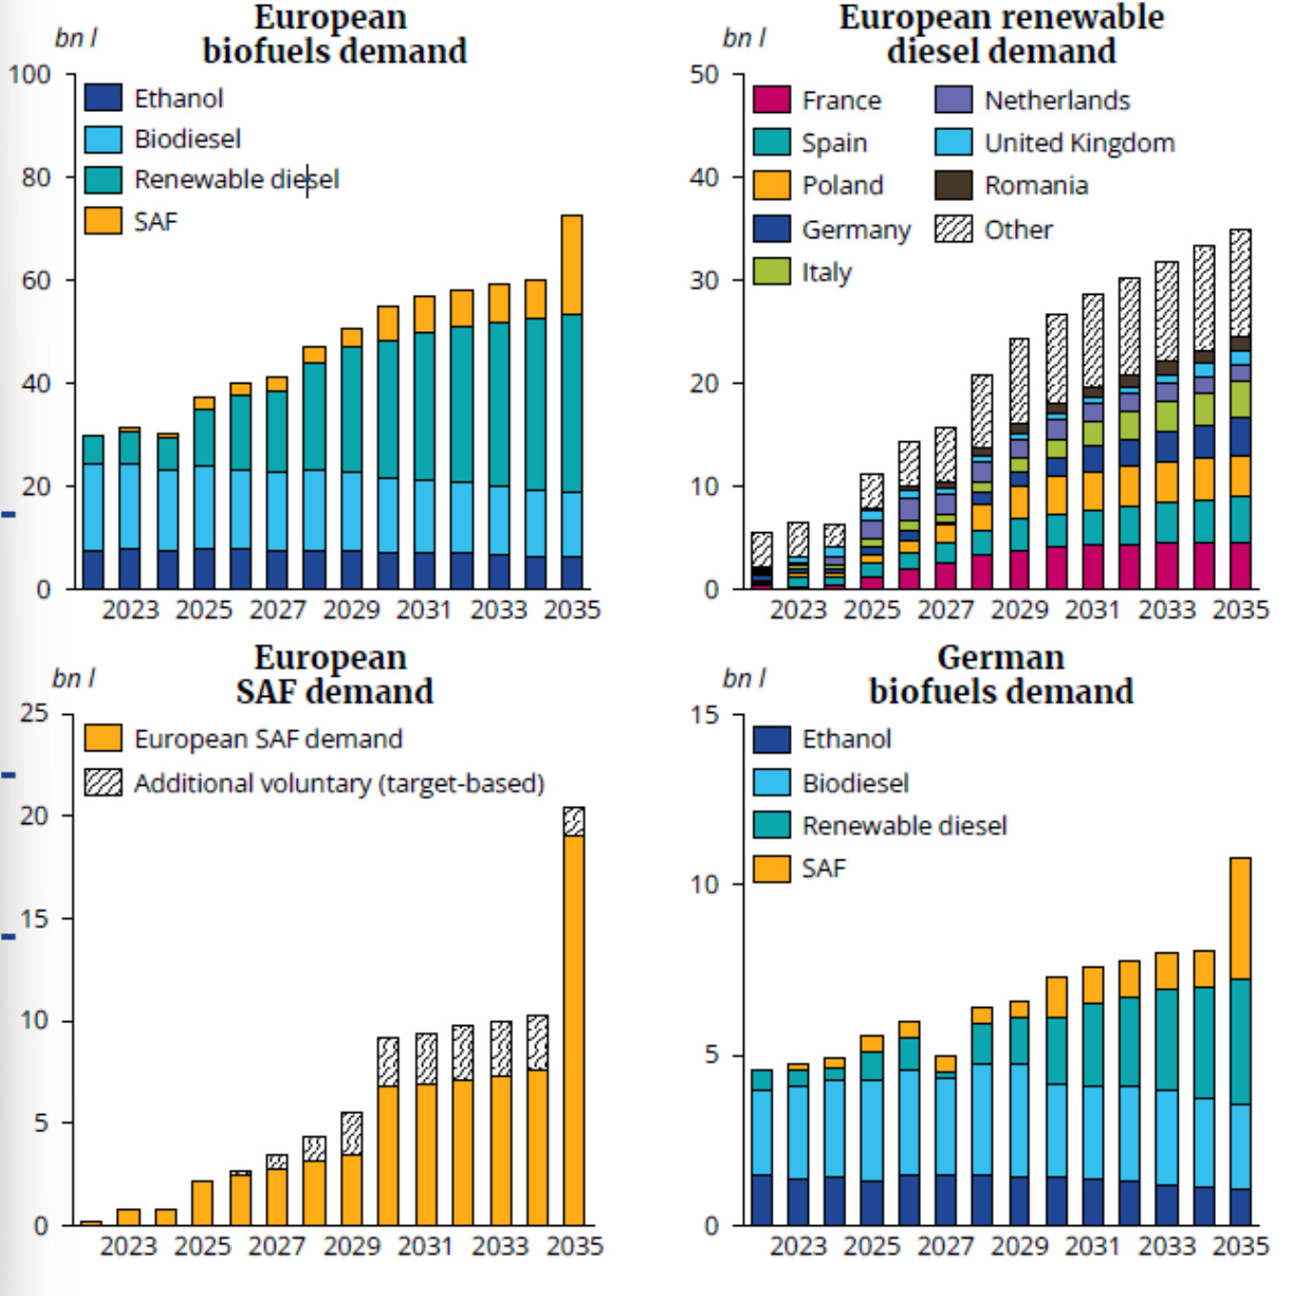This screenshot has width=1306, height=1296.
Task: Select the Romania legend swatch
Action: (x=954, y=186)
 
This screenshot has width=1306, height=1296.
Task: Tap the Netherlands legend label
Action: (x=1057, y=101)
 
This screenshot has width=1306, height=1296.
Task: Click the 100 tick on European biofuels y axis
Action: (x=30, y=75)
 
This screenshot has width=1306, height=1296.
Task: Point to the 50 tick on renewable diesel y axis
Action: (x=704, y=75)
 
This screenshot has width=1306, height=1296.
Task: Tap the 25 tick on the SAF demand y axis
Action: (x=34, y=713)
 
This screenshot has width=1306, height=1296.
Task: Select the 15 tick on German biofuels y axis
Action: (x=704, y=715)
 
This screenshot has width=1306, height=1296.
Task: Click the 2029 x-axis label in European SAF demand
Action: (x=351, y=1246)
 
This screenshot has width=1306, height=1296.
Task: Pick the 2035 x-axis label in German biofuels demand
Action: (x=1240, y=1246)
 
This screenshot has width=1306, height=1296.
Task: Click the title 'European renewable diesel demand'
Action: (x=1002, y=34)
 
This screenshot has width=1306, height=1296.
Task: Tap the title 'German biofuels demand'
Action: (x=1001, y=674)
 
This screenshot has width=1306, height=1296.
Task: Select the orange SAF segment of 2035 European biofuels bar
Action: (x=572, y=265)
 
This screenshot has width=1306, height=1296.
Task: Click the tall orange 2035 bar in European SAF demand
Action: (x=574, y=1029)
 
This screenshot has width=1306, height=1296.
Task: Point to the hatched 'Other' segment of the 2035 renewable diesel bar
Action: (x=1240, y=282)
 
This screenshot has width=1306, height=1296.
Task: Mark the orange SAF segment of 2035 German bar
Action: (x=1240, y=918)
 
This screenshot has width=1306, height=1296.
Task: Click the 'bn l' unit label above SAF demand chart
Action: (x=74, y=679)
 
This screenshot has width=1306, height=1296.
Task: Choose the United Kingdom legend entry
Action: (x=1079, y=143)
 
